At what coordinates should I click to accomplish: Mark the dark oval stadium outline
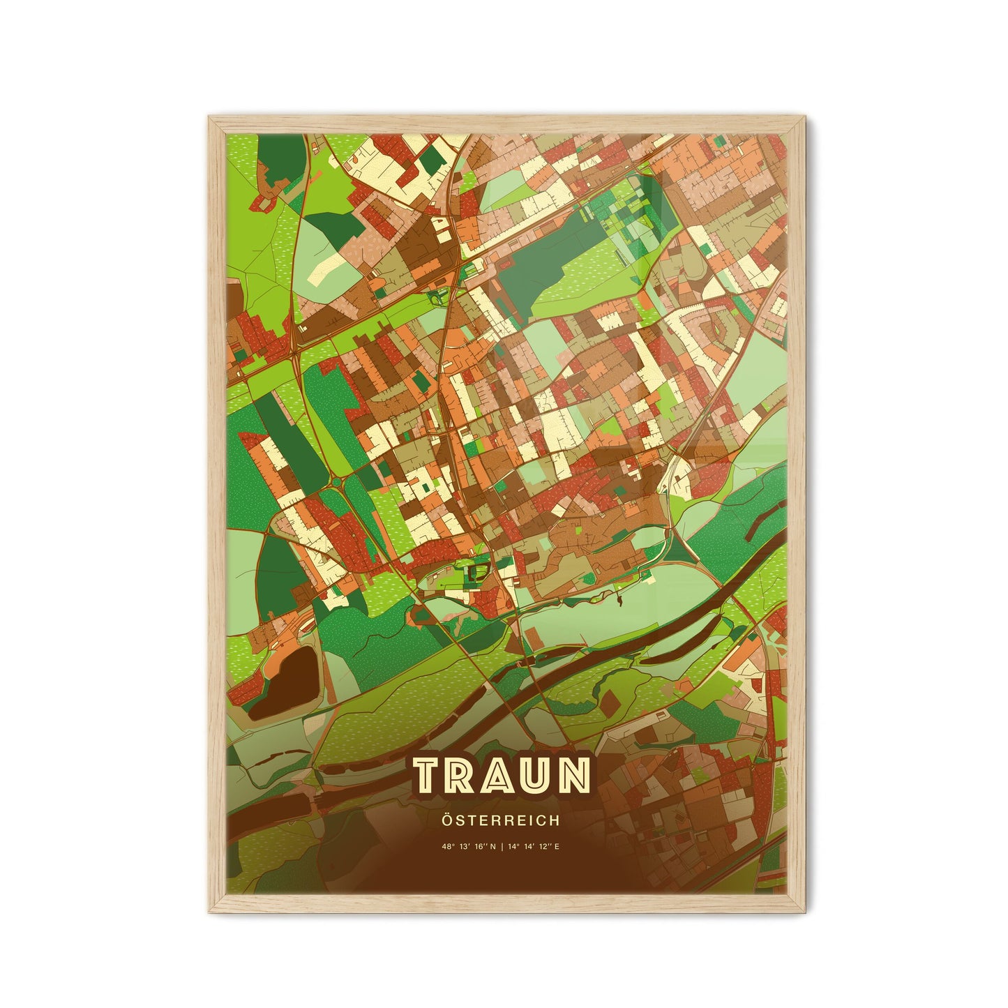coord(476,573)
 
